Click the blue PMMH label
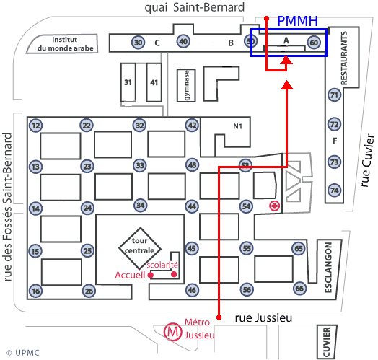click(x=297, y=21)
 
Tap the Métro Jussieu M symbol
click(x=172, y=332)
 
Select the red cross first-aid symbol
click(x=275, y=206)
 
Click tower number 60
click(x=314, y=43)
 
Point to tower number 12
click(x=35, y=126)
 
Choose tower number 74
click(x=335, y=190)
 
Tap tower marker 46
click(x=192, y=289)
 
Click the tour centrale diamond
click(x=140, y=248)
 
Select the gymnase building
click(x=186, y=85)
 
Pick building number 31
click(x=128, y=82)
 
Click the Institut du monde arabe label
click(x=65, y=43)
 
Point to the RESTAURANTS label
click(x=344, y=58)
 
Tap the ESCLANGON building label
click(x=328, y=268)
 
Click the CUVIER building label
click(x=326, y=342)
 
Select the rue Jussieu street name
click(x=263, y=318)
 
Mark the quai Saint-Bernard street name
click(x=195, y=7)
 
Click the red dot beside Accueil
click(x=151, y=275)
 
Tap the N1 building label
click(x=238, y=126)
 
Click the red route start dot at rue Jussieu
click(x=219, y=317)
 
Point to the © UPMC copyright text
click(x=23, y=353)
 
